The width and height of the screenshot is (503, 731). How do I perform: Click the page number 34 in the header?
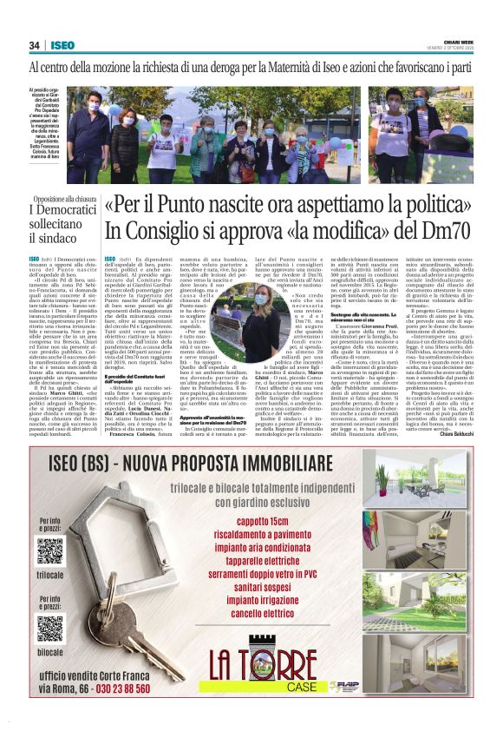coord(35,45)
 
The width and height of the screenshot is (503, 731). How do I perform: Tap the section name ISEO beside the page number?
coord(62,45)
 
